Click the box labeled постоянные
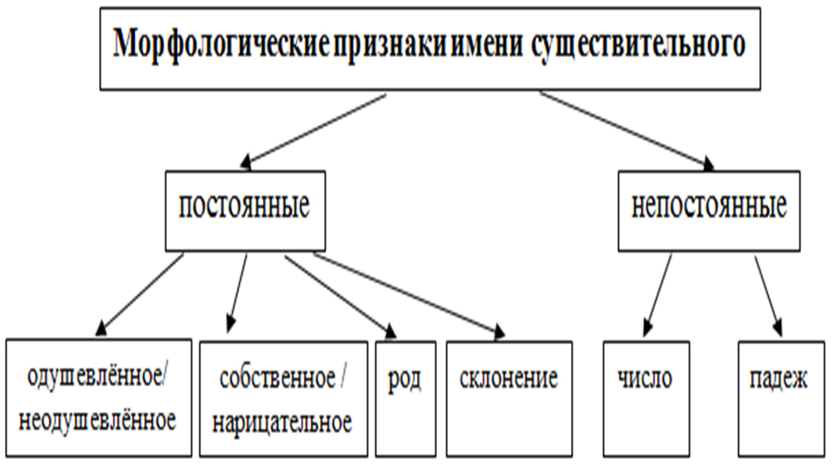coord(245,210)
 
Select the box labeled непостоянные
coord(708,210)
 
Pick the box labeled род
coord(405,399)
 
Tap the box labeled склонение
coord(509,399)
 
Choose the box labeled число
coord(646,399)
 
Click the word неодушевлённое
coord(97,421)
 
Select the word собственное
coord(277,378)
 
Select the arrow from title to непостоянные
coord(627,130)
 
